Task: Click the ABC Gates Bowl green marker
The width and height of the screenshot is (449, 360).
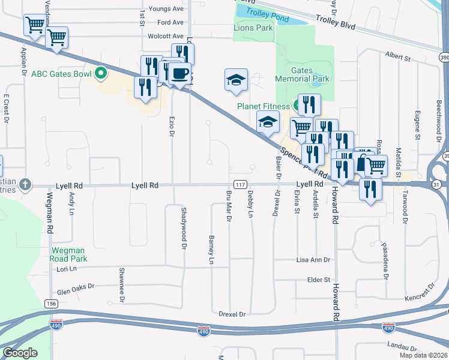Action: [101, 74]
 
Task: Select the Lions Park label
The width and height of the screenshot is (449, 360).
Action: [253, 28]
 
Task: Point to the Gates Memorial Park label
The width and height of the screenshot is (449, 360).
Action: [302, 74]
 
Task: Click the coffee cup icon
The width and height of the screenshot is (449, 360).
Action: [180, 74]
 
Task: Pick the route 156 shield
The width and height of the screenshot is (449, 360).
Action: [51, 304]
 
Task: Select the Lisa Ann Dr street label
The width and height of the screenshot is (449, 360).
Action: [313, 260]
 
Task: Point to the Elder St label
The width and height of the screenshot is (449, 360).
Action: [319, 280]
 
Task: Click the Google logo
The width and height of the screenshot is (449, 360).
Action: [20, 353]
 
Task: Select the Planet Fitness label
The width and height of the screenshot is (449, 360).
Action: [263, 106]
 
